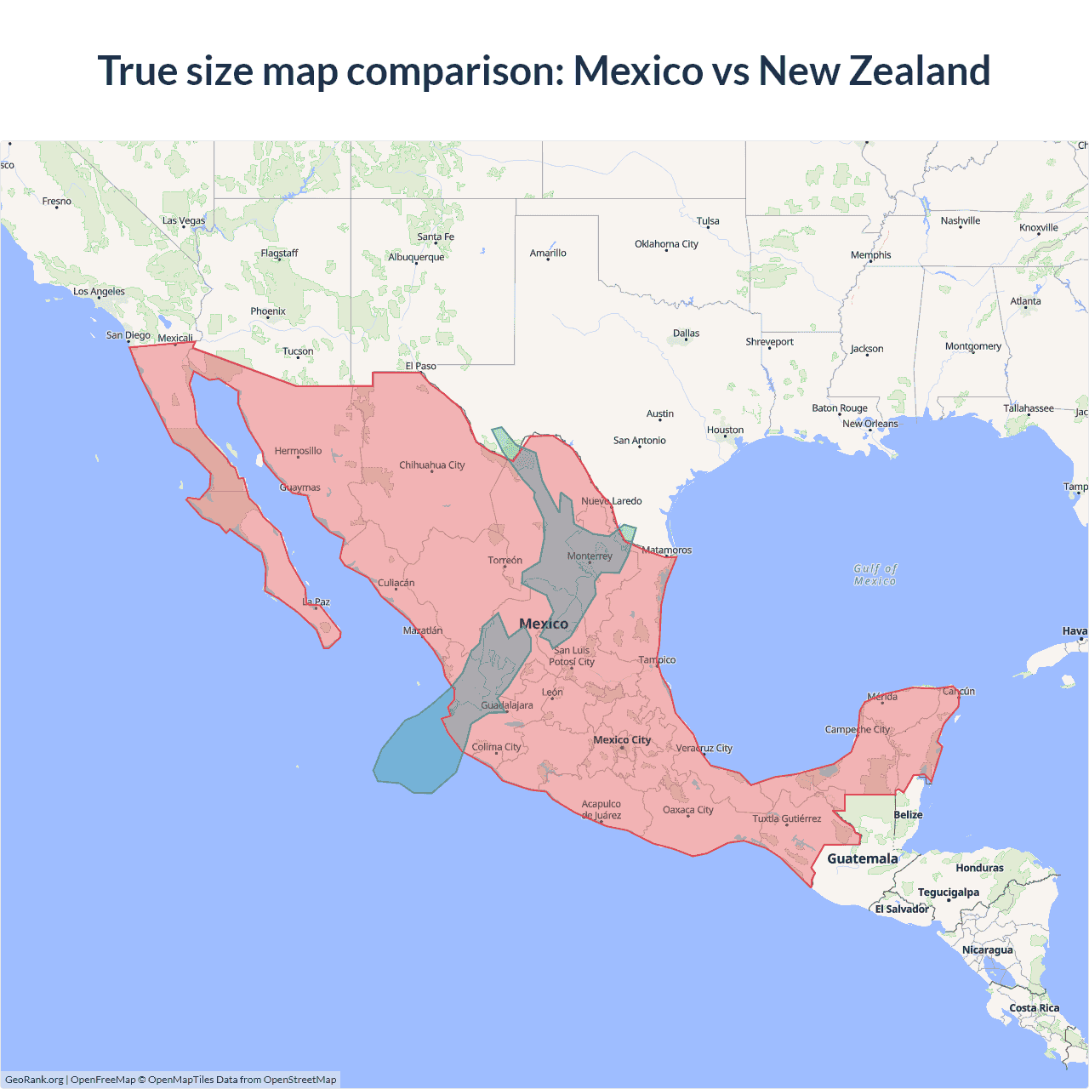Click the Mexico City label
tap(622, 739)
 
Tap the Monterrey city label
tap(590, 556)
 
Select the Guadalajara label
tap(507, 704)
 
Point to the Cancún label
tap(959, 691)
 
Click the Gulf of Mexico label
tap(875, 575)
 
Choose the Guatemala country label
tap(863, 858)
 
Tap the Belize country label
tap(908, 814)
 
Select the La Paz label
tap(316, 602)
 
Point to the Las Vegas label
tap(184, 220)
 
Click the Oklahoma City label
tap(666, 243)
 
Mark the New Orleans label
tap(869, 423)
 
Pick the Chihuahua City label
tap(432, 465)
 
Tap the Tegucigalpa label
tap(948, 892)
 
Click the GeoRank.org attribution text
tap(34, 1080)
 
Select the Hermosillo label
tap(298, 451)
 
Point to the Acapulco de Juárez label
tap(602, 809)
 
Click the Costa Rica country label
tap(1035, 1007)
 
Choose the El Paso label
tap(420, 366)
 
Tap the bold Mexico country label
tap(544, 624)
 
